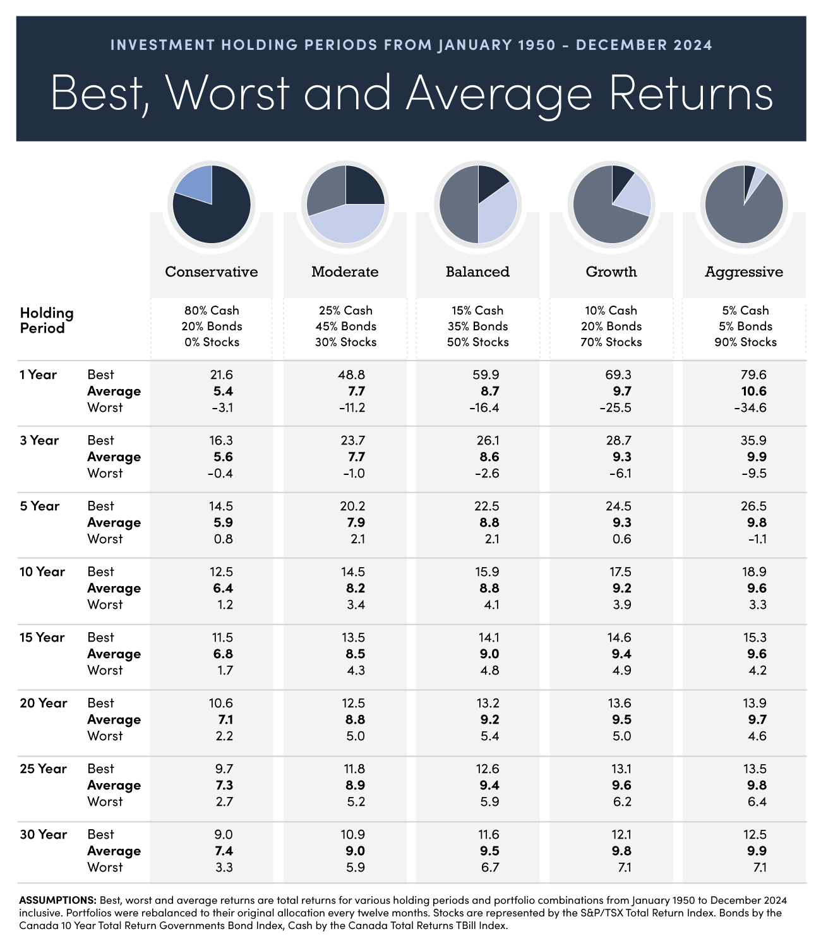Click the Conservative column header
[x=212, y=272]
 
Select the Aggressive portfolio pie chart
[x=744, y=204]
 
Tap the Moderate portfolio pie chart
[x=345, y=204]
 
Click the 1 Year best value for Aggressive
[x=750, y=375]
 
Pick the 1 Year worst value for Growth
[x=614, y=407]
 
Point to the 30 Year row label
[x=43, y=834]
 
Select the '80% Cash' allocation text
[x=212, y=310]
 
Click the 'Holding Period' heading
[x=47, y=320]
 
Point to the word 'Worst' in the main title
[x=228, y=93]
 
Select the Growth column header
[x=611, y=272]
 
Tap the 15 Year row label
[x=42, y=637]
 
